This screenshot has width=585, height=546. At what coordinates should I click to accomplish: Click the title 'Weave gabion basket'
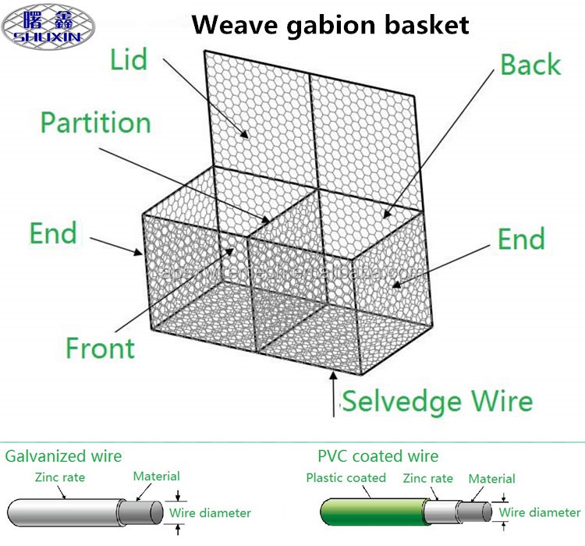(331, 25)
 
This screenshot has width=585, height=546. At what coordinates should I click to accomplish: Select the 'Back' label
(530, 65)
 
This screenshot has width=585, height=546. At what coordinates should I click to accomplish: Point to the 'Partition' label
(95, 122)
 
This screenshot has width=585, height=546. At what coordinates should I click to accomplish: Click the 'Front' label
(100, 347)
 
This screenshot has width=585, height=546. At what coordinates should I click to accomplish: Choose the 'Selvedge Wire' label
(438, 401)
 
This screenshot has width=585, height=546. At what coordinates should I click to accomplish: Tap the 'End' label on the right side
(521, 239)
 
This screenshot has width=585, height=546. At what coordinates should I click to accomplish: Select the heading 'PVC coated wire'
(378, 456)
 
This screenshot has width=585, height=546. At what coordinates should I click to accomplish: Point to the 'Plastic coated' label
(346, 477)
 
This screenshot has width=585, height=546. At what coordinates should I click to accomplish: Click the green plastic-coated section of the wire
(367, 512)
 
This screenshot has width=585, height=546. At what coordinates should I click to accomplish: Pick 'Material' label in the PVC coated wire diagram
(491, 479)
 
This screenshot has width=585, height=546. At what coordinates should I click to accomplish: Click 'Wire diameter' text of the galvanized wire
(210, 512)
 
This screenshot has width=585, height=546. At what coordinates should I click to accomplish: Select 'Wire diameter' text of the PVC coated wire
(540, 512)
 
